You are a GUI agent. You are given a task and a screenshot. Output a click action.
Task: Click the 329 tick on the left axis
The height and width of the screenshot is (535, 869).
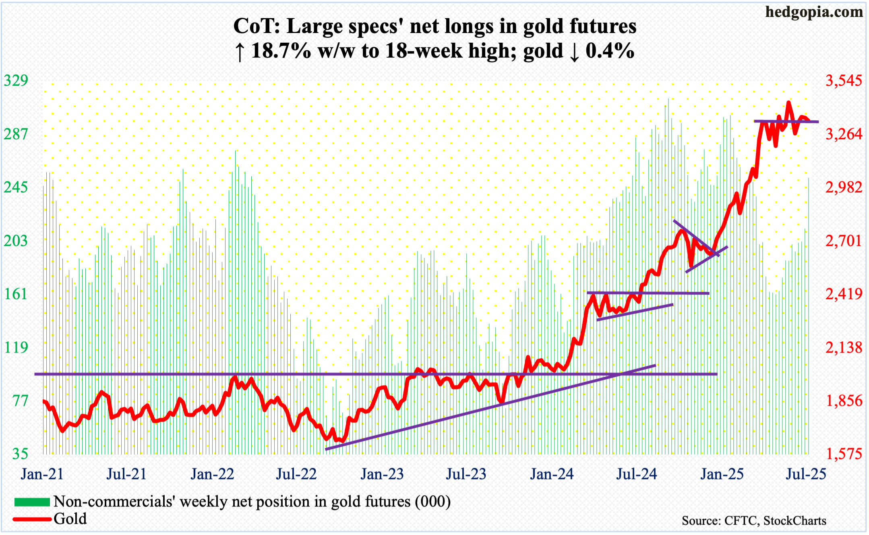(x=16, y=81)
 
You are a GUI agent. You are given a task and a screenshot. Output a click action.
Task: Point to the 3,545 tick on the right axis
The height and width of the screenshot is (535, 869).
(x=844, y=81)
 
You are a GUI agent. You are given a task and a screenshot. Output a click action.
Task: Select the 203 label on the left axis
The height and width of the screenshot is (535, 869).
(x=16, y=241)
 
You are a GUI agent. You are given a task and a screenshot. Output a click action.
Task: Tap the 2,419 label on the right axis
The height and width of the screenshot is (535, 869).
(x=844, y=294)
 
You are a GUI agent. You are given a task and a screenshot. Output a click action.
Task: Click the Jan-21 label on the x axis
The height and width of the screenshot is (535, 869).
(x=42, y=474)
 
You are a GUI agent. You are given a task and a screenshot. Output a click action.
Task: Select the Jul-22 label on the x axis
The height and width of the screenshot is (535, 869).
(x=296, y=474)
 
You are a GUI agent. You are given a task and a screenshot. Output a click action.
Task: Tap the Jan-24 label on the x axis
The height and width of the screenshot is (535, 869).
(x=552, y=474)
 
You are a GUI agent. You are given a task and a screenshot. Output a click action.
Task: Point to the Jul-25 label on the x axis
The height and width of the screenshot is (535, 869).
(x=806, y=474)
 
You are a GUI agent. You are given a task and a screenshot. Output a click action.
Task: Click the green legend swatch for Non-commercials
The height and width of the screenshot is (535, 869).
(x=32, y=502)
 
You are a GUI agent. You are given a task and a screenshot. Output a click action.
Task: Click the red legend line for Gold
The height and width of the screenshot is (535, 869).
(x=32, y=519)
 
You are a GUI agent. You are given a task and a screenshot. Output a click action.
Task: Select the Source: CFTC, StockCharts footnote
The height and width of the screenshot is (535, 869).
(x=754, y=521)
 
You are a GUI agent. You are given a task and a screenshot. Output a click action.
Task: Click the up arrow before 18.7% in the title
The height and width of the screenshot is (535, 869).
(x=240, y=52)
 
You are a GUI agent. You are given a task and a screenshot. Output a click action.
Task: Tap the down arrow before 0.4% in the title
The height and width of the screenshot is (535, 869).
(x=575, y=52)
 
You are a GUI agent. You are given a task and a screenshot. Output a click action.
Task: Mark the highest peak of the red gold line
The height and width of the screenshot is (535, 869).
(x=788, y=102)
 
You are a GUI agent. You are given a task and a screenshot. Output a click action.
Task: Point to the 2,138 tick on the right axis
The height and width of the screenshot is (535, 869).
(x=844, y=347)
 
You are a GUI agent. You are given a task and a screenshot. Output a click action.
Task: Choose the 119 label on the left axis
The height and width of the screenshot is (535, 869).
(x=16, y=347)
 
